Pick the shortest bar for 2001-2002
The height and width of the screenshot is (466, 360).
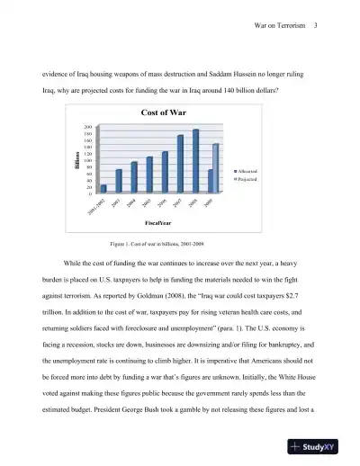click(103, 189)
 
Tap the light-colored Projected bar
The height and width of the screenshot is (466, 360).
click(215, 167)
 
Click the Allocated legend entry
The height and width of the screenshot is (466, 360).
click(250, 170)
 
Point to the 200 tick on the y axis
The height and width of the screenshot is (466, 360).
click(87, 128)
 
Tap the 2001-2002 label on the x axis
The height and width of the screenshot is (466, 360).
click(97, 208)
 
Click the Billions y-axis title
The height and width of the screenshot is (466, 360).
click(76, 161)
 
